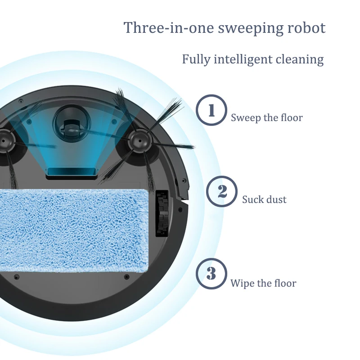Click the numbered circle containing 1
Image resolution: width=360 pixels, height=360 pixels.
(x=211, y=110)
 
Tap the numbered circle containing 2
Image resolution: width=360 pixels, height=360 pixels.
(x=221, y=192)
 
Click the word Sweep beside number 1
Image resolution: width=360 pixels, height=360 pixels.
(x=245, y=118)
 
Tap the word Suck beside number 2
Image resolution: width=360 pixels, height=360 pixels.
(x=252, y=199)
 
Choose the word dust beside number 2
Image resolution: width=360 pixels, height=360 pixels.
(x=275, y=199)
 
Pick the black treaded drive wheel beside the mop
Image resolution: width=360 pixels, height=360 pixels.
(x=162, y=213)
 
